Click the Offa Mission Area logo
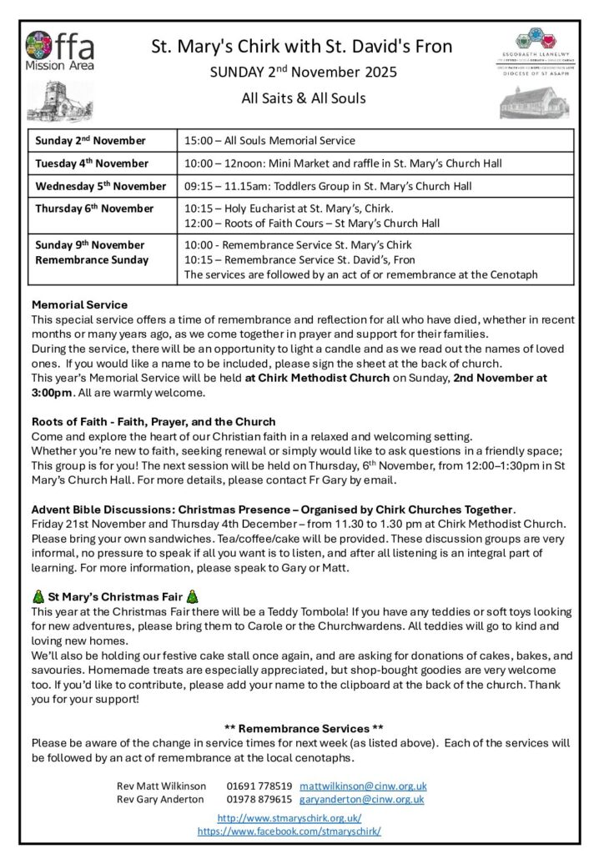(x=59, y=51)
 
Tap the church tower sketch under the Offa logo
(x=59, y=101)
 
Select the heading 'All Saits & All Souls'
(x=303, y=98)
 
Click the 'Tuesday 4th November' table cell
(x=92, y=163)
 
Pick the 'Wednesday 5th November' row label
(x=101, y=186)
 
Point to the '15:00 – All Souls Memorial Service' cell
(x=269, y=141)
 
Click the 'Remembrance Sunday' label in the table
(x=90, y=259)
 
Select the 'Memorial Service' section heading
(x=79, y=304)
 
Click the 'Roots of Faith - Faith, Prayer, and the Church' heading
(x=154, y=422)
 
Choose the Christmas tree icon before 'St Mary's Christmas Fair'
(x=38, y=597)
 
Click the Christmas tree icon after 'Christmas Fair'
(x=193, y=597)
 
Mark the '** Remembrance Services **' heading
(x=304, y=729)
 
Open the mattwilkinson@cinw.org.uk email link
(x=363, y=786)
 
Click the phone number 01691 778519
(x=259, y=786)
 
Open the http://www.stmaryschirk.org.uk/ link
(x=289, y=818)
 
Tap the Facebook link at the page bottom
(x=289, y=831)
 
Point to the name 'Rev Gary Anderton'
(x=160, y=799)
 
